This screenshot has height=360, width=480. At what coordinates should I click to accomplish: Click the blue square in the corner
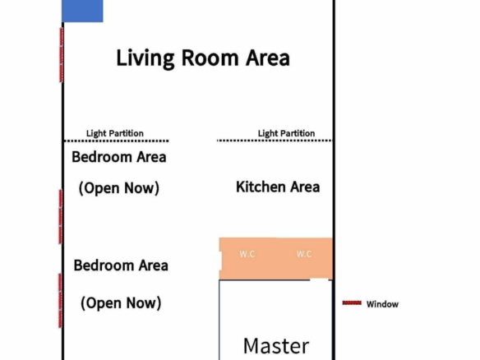(82, 11)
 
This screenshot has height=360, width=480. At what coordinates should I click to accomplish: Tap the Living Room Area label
(203, 58)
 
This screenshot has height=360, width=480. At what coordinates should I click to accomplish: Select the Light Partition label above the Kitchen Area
(286, 133)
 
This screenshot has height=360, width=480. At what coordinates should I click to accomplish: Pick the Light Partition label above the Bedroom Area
(115, 133)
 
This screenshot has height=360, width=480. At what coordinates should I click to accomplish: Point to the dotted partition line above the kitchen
(275, 141)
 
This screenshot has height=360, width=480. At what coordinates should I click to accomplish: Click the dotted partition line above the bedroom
(116, 141)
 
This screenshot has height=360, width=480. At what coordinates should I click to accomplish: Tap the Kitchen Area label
(278, 187)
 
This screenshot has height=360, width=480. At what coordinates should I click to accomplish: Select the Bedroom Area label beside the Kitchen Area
(119, 157)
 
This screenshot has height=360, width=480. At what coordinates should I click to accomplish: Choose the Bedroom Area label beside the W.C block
(121, 265)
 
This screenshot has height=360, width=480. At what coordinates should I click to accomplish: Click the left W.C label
(247, 254)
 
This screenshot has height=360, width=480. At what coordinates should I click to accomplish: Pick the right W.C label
(304, 254)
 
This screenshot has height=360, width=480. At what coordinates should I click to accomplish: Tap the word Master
(276, 346)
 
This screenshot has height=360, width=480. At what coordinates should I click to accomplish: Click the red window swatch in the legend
(352, 303)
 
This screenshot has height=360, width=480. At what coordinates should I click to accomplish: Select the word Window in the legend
(382, 304)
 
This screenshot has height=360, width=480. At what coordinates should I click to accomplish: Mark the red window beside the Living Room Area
(61, 55)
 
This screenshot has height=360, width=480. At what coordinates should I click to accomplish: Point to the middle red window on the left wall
(61, 217)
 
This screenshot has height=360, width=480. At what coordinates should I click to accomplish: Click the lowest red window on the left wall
(60, 301)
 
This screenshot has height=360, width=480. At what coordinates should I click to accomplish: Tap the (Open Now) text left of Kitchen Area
(119, 188)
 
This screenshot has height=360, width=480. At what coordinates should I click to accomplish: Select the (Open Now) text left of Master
(121, 303)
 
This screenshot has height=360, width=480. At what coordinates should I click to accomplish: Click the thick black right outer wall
(334, 180)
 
